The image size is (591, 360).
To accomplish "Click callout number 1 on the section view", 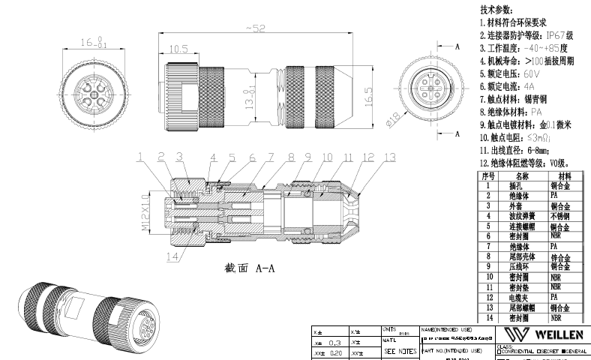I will click(x=140, y=157).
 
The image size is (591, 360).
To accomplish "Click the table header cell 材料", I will click(x=564, y=175).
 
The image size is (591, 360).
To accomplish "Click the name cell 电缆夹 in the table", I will click(x=519, y=297).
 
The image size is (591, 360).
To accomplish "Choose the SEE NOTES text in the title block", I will click(x=400, y=351).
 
